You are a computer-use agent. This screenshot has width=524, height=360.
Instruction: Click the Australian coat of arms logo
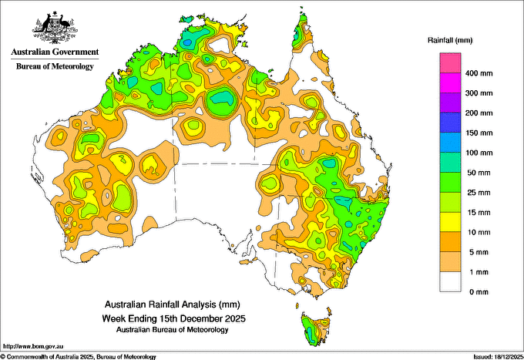point(54,27)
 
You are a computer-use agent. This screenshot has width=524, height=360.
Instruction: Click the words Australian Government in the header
point(54,52)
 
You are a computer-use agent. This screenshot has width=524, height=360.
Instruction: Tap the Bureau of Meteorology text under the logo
point(54,66)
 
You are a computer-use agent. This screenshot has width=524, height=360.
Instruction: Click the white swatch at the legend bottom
point(450,281)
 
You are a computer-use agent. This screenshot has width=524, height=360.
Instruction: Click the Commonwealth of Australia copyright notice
point(79,356)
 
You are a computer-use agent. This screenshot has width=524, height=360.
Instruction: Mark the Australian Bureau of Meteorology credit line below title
point(172,329)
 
